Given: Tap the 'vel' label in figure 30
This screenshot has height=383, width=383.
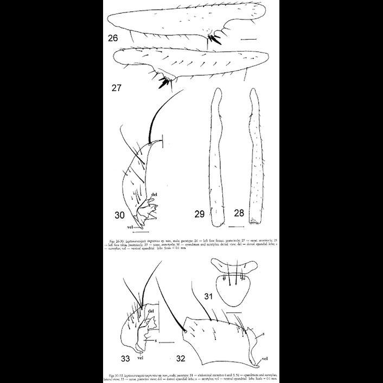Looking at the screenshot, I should point(130,228).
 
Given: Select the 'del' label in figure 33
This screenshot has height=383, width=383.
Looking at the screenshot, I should point(144,311).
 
